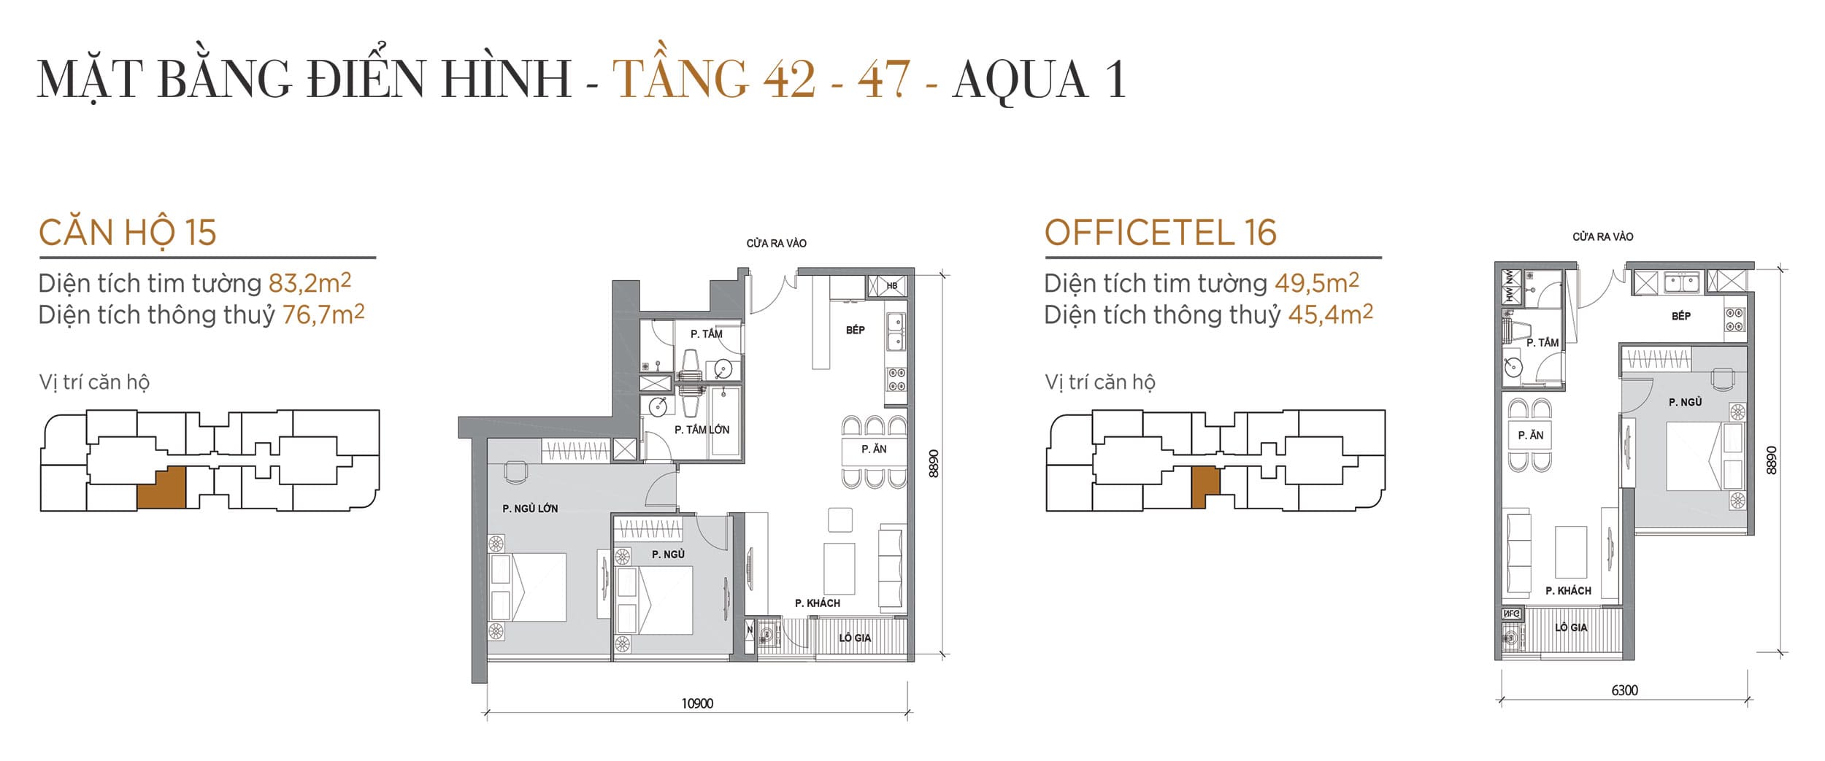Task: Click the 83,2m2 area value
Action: tap(310, 282)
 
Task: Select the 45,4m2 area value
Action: tap(1330, 314)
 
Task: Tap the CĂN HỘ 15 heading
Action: tap(128, 233)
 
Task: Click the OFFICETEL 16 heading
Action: tap(1160, 233)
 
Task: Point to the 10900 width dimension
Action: tap(697, 703)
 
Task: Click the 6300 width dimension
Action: tap(1624, 690)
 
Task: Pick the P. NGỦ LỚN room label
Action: tap(530, 509)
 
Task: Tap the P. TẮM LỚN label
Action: tap(702, 430)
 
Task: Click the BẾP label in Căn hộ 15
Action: tap(855, 331)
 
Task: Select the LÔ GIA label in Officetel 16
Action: tap(1570, 627)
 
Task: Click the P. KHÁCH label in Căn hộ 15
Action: tap(817, 603)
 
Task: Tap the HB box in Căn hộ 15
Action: tap(891, 286)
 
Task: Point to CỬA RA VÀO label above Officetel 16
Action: tap(1602, 237)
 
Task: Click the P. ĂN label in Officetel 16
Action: tap(1530, 436)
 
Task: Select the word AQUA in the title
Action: tap(1020, 80)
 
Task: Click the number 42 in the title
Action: tap(789, 80)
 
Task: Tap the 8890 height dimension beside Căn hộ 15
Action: tap(934, 463)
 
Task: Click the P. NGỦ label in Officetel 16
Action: tap(1685, 402)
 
